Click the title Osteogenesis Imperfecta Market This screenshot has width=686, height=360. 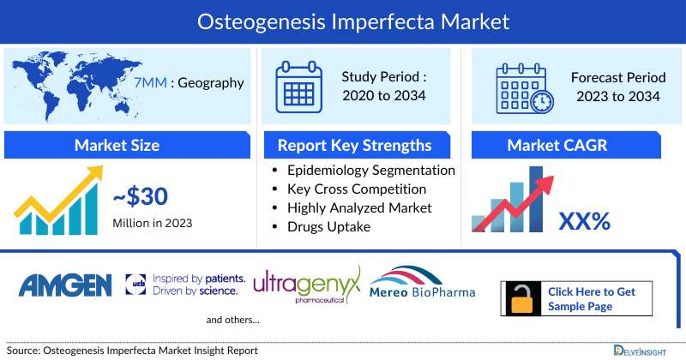343,20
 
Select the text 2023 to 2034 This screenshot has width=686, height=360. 617,96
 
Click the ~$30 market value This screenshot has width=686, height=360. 141,198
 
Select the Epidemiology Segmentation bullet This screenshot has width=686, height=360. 371,170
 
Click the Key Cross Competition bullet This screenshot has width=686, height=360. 356,189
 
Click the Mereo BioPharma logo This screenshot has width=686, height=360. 422,286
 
